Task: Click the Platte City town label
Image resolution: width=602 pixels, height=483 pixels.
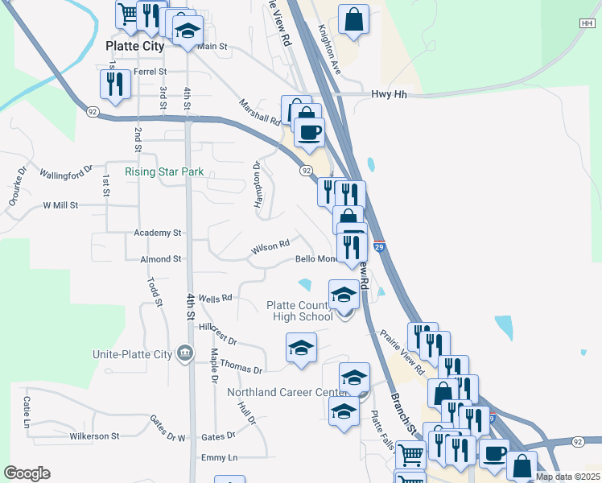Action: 135,47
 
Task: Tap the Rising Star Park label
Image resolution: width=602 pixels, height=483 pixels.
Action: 164,171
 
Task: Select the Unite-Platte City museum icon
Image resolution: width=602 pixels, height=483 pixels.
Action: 185,353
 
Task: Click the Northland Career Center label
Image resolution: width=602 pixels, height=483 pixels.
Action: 287,393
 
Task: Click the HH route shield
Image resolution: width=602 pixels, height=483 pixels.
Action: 587,23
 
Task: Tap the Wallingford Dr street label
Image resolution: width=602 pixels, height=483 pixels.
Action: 67,175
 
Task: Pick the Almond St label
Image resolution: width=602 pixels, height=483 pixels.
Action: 160,259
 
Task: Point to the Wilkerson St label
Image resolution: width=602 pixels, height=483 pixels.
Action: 94,436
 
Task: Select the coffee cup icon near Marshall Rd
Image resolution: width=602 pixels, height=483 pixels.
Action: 308,132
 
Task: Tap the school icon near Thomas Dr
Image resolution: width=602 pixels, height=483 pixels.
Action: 301,348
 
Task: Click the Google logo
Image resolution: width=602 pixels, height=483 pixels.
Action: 27,473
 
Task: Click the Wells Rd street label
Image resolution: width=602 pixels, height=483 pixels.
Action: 215,298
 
